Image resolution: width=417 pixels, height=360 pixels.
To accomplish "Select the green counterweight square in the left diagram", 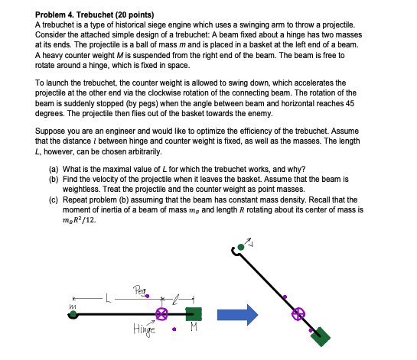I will click(194, 313).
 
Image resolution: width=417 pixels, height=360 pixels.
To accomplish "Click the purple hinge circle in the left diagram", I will click(162, 313).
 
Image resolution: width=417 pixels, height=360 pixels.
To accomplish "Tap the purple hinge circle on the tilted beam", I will click(299, 313).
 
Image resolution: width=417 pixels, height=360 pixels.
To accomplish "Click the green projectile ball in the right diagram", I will click(242, 247).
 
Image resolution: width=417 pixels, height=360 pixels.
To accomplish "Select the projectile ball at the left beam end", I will click(72, 314).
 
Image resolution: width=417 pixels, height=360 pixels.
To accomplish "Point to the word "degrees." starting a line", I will click(51, 113).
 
